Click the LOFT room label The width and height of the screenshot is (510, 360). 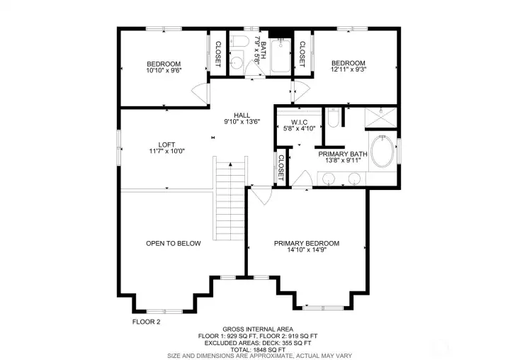pos(166,145)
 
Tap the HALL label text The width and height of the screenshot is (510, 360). pos(242,116)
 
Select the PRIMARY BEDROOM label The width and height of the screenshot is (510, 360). pos(307,244)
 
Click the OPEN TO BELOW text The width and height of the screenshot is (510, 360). pos(174,244)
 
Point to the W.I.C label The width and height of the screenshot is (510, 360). pos(299,123)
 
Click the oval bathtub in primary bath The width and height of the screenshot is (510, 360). pos(382,152)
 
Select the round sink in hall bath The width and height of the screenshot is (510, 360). pos(237,62)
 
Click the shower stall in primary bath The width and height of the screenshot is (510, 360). pos(380,118)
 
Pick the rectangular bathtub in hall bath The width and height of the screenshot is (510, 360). pos(280,55)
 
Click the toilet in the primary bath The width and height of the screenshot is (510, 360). pos(334,118)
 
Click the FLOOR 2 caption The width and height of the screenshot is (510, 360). pos(147,322)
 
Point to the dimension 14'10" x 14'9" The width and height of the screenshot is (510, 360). pos(307,250)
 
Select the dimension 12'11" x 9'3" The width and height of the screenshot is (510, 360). pos(348,69)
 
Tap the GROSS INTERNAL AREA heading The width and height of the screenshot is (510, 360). pos(258,330)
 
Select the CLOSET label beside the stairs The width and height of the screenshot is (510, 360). pos(281,168)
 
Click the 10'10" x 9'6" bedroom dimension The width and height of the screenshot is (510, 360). pos(164,70)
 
